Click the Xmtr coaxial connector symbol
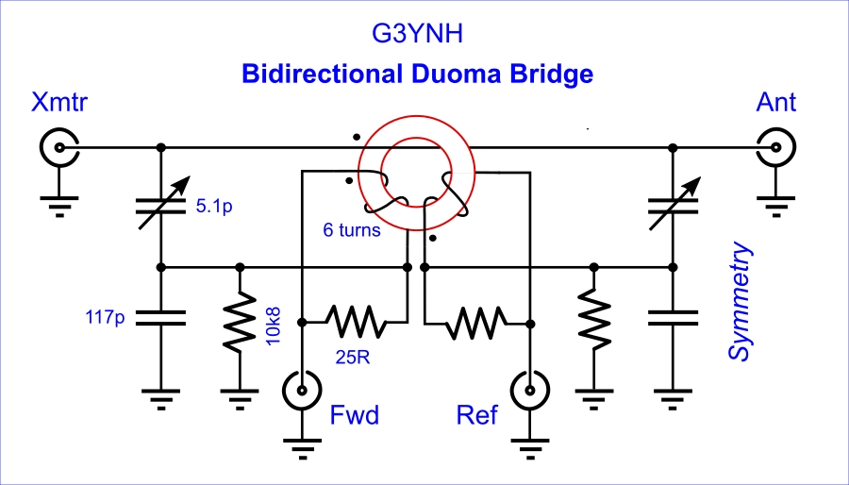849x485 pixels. [x=59, y=147]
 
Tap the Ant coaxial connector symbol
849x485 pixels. [x=776, y=147]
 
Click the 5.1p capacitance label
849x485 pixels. [x=214, y=207]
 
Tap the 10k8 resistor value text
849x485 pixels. [x=274, y=325]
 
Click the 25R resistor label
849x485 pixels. [x=352, y=358]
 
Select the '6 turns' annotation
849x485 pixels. [x=352, y=230]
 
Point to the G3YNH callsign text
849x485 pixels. [x=417, y=35]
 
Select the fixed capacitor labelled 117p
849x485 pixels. [x=160, y=318]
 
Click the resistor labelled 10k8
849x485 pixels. [x=240, y=322]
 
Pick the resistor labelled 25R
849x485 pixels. [x=356, y=322]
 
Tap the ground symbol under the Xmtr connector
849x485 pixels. [x=59, y=205]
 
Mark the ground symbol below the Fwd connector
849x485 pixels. [x=302, y=447]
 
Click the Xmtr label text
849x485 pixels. [x=58, y=102]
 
